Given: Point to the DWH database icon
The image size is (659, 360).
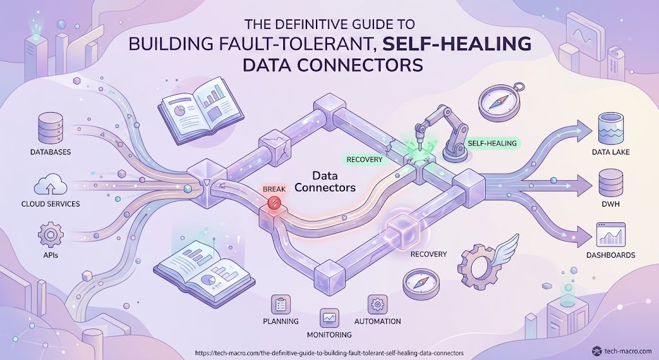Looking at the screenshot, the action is (x=610, y=182).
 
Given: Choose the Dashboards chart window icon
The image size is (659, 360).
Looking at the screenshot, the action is (x=611, y=234).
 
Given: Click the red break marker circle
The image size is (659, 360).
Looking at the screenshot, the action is (x=274, y=202).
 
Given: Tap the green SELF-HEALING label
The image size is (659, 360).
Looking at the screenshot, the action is (x=492, y=144).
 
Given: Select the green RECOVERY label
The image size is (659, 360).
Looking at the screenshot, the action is (x=364, y=160).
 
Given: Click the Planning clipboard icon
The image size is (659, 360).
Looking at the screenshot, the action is (x=281, y=304).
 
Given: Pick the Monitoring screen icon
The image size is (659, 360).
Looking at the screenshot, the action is (x=329, y=318).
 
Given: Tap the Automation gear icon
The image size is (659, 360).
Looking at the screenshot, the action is (x=377, y=304).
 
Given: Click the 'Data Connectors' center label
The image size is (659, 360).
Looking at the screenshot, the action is (x=325, y=181).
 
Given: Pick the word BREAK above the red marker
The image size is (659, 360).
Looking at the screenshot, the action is (x=274, y=189).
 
